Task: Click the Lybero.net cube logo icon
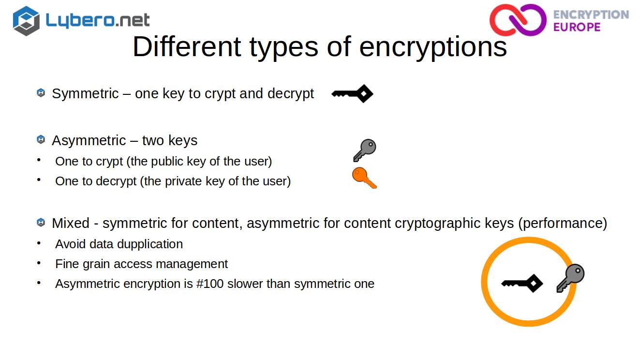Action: pos(26,21)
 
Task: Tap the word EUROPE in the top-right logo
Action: pos(577,27)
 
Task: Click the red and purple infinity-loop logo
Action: pos(518,20)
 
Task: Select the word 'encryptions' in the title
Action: pos(433,47)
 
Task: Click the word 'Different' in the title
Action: pos(187,46)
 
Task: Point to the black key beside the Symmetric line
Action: pos(352,94)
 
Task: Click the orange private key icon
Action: pos(364,178)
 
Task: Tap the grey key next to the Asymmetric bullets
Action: pos(365,150)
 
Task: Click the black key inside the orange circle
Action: pos(522,284)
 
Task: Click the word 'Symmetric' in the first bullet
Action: pos(85,94)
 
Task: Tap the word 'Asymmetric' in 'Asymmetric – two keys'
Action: pos(89,141)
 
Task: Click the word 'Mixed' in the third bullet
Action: pos(71,223)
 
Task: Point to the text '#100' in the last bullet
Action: pos(210,284)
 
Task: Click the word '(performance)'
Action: pos(563,224)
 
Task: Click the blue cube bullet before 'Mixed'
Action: pos(41,223)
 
